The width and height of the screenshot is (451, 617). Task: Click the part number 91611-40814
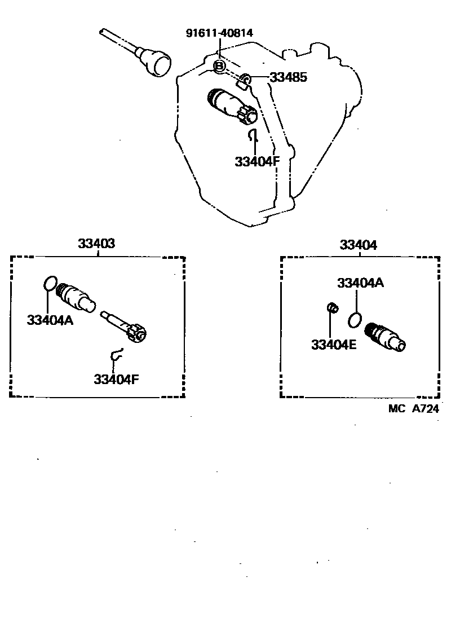click(x=219, y=33)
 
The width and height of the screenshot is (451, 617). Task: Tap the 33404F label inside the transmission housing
click(x=257, y=162)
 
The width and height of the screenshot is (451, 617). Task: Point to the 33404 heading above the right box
click(x=359, y=245)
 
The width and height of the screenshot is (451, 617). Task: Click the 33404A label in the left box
click(x=51, y=320)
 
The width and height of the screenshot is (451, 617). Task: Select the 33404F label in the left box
click(x=116, y=379)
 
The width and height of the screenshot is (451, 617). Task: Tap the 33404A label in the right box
click(x=361, y=283)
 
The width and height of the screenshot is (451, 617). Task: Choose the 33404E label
click(x=334, y=344)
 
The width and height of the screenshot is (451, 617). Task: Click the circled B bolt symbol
click(x=220, y=67)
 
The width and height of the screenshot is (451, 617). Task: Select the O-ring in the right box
click(x=355, y=320)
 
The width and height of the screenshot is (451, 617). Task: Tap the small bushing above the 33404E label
click(x=333, y=308)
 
